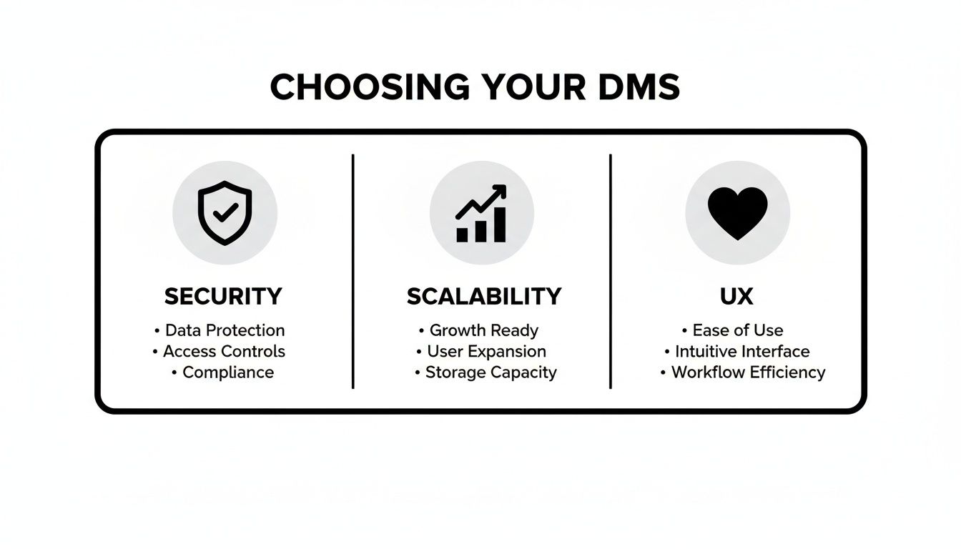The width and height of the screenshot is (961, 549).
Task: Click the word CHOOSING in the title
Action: point(370,87)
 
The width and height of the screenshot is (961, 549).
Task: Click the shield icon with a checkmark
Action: point(225,212)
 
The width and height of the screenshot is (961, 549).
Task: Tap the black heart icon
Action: point(737,213)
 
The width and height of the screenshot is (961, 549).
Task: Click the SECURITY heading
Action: point(223,296)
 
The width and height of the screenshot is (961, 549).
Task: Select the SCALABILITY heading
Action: point(484,296)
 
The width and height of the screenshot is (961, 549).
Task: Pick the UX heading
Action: point(736,296)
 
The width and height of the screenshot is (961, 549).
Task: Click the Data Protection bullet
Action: point(225,330)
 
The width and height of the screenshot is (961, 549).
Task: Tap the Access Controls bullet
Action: point(224,351)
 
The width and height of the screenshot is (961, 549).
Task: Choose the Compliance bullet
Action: point(227,372)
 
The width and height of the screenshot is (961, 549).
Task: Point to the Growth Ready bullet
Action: point(483,330)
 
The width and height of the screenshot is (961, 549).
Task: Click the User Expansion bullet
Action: point(486,351)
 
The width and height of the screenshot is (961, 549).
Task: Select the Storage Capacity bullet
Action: point(491,372)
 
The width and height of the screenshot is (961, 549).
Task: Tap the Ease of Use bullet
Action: point(737,330)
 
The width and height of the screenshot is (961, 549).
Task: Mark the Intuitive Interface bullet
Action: point(742,351)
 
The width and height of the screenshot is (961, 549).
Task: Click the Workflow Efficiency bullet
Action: point(748,372)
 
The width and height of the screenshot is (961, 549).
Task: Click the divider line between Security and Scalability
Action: point(353,272)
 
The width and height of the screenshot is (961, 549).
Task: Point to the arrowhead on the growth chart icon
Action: point(501,190)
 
